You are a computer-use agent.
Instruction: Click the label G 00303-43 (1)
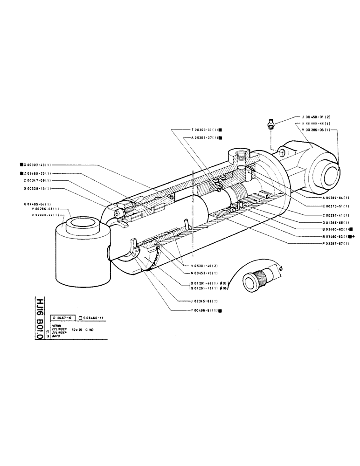point(38,164)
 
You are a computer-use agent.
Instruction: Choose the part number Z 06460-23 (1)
point(38,173)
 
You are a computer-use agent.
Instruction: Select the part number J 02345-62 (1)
point(201,301)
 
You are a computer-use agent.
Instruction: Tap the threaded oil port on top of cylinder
point(240,157)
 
